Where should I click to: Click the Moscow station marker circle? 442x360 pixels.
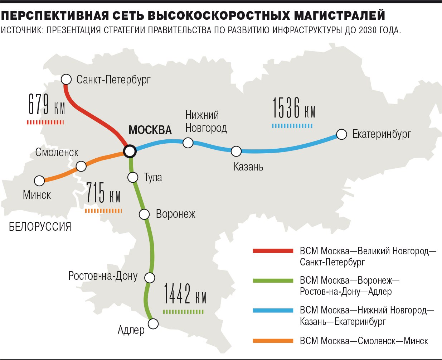point(130,151)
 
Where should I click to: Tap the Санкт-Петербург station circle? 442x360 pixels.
point(67,79)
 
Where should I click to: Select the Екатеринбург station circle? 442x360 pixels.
point(342,134)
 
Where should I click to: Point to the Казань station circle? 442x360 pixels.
point(236,151)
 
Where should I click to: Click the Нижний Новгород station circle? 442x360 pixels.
point(188,143)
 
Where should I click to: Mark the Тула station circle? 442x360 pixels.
point(133,177)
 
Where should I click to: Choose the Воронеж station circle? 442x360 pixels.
point(144,214)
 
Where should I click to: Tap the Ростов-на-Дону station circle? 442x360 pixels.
point(150,278)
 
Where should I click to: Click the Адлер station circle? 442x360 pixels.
point(153,324)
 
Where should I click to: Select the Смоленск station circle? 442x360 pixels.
point(81,166)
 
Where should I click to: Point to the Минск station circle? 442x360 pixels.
point(39,181)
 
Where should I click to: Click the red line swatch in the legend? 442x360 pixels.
point(273,251)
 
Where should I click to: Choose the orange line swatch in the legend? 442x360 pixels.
point(273,341)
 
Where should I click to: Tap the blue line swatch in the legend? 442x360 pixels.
point(273,310)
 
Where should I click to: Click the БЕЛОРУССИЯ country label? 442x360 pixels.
point(40,227)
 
